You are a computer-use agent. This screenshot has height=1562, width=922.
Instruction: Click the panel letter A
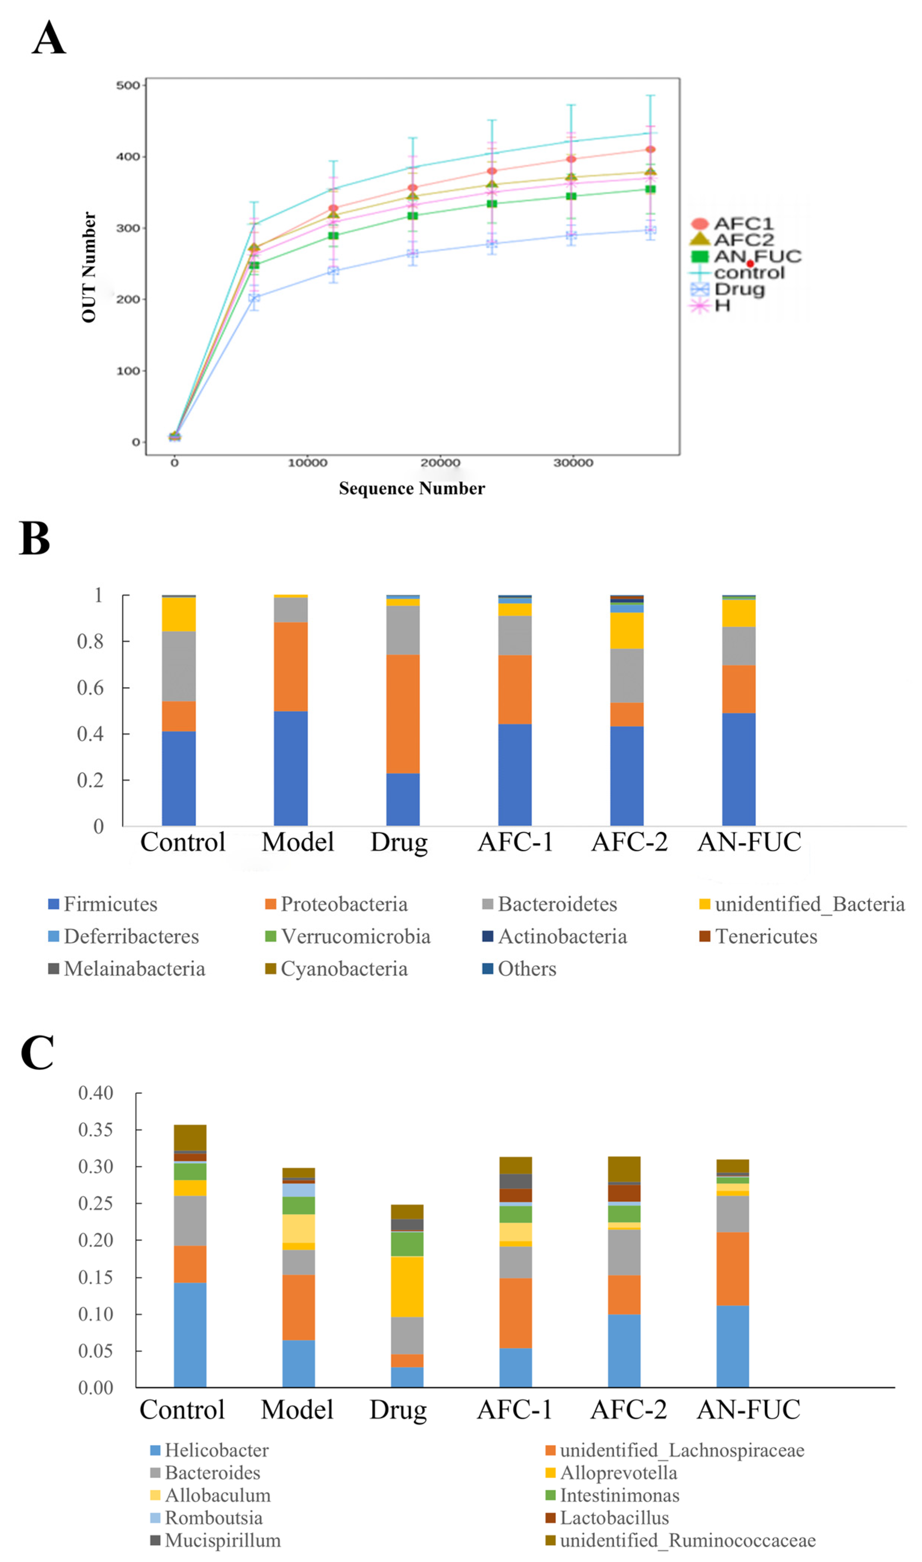tap(49, 38)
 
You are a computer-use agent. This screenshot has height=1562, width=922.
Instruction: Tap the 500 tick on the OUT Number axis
tap(128, 86)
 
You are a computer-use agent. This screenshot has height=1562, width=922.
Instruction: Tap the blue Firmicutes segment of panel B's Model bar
tap(290, 768)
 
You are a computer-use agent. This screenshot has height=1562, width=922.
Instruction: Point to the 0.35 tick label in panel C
tap(95, 1130)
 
